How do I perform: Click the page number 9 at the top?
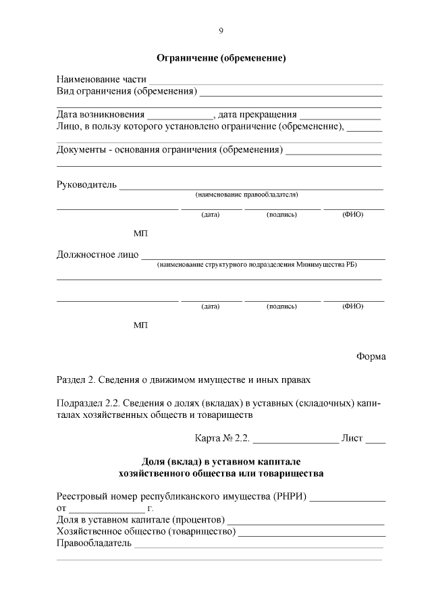221,30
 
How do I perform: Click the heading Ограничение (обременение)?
221,58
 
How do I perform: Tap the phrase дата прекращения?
258,113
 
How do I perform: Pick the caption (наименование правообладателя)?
246,194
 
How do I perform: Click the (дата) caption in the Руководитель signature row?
211,215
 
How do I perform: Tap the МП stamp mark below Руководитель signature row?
140,234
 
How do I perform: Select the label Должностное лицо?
97,255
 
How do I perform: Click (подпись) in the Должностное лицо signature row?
282,306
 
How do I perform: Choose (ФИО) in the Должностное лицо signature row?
352,306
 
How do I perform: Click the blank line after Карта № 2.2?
295,438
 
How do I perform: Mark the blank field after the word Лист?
375,438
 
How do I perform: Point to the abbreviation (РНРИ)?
290,498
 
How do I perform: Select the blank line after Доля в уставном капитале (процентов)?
306,521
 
